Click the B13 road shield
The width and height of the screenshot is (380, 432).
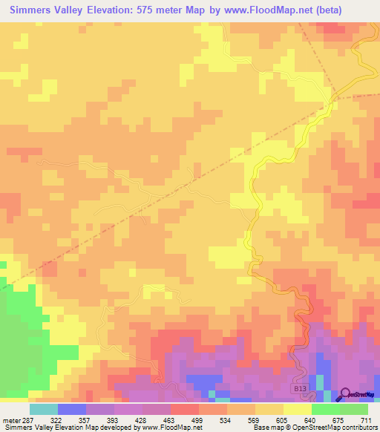point(298,387)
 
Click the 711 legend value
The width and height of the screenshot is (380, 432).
point(366,420)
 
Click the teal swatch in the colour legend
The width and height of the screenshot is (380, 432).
point(44,409)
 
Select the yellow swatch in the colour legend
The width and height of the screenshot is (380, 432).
point(298,409)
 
